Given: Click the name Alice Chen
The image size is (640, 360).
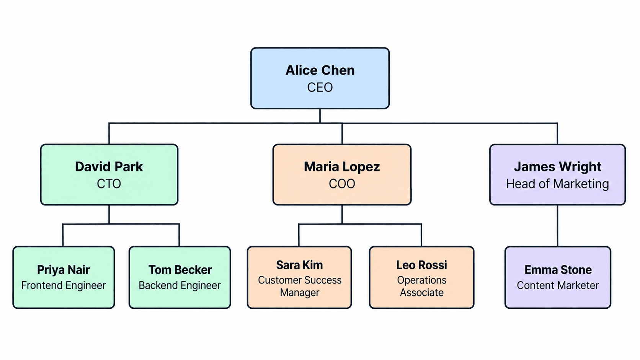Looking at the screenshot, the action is (320, 70).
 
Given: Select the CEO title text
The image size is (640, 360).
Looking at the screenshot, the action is (320, 87).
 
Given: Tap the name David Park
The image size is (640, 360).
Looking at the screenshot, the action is (109, 167).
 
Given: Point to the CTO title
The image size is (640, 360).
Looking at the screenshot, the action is (109, 184).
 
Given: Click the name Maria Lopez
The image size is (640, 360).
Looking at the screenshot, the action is (342, 167).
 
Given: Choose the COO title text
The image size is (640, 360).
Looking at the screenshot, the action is (342, 184).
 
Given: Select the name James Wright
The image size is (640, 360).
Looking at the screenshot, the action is (558, 167).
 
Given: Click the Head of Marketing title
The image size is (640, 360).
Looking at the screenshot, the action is (558, 184).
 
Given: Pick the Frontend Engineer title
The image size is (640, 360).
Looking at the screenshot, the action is (64, 285).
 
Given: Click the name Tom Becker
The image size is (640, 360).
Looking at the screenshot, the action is (180, 270).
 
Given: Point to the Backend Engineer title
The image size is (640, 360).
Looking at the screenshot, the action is (180, 285).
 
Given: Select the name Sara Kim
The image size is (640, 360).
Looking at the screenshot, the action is (299, 265).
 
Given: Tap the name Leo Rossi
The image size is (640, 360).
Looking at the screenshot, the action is (422, 265).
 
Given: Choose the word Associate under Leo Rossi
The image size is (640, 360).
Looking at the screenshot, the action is (422, 293).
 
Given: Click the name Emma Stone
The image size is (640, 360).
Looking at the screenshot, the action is (558, 270).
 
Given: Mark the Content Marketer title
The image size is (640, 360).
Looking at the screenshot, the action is (558, 285).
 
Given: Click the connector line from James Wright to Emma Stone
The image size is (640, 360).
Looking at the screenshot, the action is (557, 226).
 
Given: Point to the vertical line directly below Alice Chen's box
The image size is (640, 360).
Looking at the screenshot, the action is (320, 116).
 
